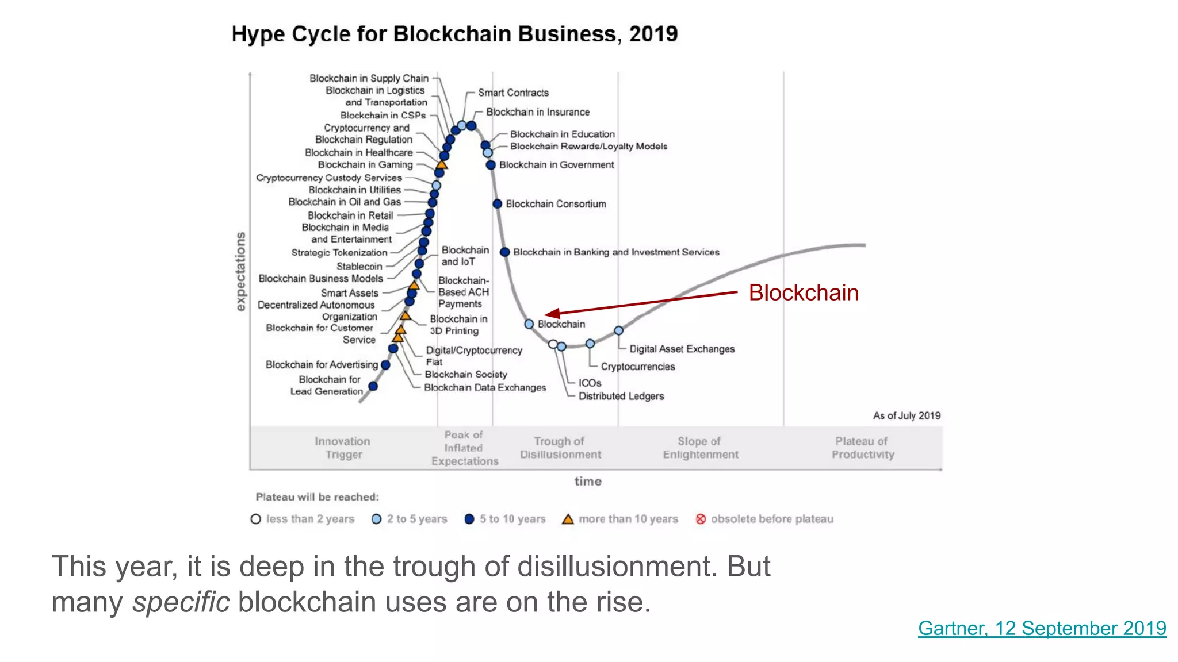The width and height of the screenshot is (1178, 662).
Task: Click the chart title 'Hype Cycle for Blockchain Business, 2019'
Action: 454,34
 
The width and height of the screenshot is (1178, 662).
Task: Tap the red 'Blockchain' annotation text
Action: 803,293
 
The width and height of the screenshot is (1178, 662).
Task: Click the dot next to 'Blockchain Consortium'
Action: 498,204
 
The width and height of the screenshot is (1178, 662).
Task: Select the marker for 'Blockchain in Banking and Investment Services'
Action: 504,252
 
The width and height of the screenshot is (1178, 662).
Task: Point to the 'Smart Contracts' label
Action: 513,93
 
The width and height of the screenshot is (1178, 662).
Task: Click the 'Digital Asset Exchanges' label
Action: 682,349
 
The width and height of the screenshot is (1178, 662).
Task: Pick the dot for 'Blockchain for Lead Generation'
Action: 373,386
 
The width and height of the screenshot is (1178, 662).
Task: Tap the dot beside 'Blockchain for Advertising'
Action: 385,365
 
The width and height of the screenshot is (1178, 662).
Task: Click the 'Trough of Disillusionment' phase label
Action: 560,448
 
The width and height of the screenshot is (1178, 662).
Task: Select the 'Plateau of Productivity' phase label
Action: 862,448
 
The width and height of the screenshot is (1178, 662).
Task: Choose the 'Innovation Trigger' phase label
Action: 343,448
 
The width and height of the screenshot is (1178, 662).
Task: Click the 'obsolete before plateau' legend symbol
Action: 701,519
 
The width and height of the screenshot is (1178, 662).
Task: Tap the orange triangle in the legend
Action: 568,519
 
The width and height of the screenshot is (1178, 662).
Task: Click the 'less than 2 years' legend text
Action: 310,519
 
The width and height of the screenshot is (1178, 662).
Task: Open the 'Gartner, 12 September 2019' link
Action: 1042,628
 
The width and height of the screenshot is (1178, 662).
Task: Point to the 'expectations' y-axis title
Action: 240,271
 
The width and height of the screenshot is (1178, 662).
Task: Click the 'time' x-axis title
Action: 588,482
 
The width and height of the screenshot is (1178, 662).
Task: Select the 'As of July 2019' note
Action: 907,415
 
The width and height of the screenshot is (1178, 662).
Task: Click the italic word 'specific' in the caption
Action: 181,602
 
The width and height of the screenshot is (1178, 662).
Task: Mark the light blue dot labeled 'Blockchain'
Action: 529,324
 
